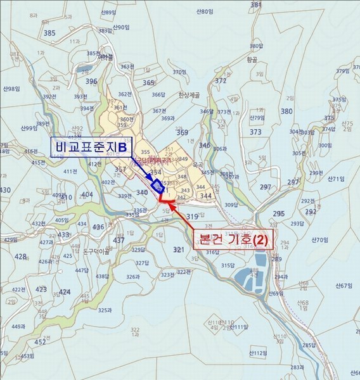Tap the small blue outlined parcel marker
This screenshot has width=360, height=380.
[157, 186]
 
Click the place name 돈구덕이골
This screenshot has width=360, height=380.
[97, 251]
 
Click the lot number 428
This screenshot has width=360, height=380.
[20, 257]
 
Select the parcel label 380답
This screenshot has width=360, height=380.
[256, 46]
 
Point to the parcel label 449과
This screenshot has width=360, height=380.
[18, 327]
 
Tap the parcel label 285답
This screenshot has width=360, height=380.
[308, 345]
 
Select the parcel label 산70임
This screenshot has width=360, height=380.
[320, 240]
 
